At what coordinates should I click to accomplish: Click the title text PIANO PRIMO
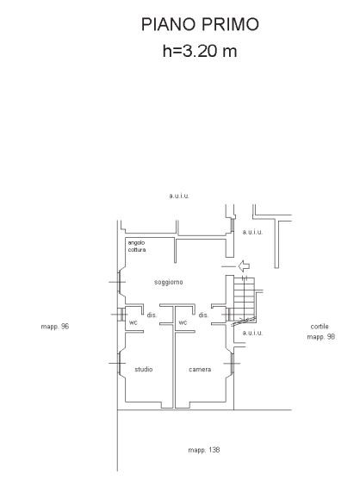tap(200, 24)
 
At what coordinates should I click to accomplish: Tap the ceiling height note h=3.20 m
tap(200, 51)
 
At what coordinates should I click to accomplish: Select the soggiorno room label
tap(169, 283)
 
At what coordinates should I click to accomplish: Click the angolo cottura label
tap(137, 246)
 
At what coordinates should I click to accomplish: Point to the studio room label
tap(144, 369)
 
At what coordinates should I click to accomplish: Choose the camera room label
tap(200, 370)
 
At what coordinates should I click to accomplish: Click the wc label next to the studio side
tap(133, 322)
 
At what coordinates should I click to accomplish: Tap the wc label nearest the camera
tap(183, 322)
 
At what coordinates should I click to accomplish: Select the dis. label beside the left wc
tap(152, 315)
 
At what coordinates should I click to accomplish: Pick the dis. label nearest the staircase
tap(203, 315)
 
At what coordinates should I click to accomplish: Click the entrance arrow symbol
tap(244, 266)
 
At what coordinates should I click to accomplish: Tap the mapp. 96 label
tap(54, 327)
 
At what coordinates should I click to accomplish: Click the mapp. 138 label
tap(204, 450)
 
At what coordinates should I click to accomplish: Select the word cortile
tap(320, 327)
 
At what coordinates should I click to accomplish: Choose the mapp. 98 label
tap(321, 337)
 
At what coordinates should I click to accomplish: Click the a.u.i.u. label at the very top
tap(179, 196)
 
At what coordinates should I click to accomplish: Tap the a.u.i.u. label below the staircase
tap(252, 333)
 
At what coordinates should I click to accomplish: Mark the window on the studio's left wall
tap(119, 363)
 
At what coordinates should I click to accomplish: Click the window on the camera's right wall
tap(233, 364)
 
